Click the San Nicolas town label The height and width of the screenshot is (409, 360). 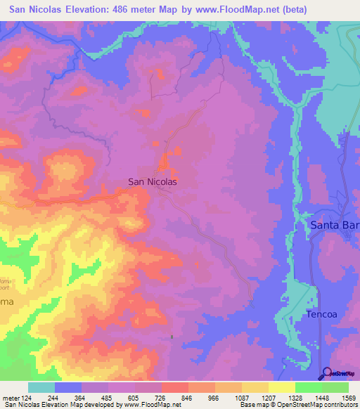pyautogui.click(x=152, y=181)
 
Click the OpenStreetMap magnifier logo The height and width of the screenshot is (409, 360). pyautogui.click(x=326, y=372)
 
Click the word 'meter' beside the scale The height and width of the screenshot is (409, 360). pyautogui.click(x=11, y=398)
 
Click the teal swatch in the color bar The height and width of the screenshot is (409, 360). pyautogui.click(x=41, y=387)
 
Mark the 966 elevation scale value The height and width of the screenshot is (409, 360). pyautogui.click(x=214, y=398)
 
